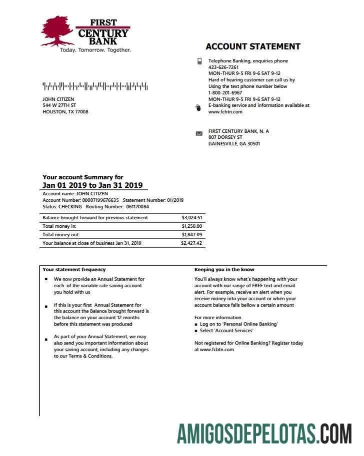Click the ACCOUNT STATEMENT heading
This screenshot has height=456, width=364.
[253, 46]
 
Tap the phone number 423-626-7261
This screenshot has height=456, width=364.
[223, 67]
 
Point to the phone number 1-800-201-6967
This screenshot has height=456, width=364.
[225, 93]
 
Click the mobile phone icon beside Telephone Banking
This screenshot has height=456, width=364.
[199, 61]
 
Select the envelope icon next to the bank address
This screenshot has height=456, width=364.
[199, 134]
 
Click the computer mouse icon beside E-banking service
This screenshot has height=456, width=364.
[198, 107]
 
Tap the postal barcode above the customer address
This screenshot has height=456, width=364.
[95, 86]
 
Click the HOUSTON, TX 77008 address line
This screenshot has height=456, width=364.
[65, 112]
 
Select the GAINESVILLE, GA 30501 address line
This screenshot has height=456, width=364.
[234, 144]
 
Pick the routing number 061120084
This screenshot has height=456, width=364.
[137, 207]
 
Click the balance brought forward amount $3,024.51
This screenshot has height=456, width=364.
[192, 218]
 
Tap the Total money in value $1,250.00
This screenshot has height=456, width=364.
[192, 226]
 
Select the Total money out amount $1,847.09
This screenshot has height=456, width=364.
[192, 235]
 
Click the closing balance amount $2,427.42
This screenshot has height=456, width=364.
[191, 243]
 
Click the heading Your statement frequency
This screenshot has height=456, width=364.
[74, 270]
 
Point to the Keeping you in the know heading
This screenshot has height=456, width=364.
[224, 270]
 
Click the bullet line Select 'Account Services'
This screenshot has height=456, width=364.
[226, 331]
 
